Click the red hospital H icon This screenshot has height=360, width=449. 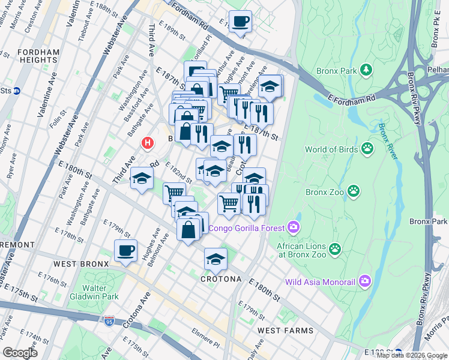pyautogui.click(x=146, y=143)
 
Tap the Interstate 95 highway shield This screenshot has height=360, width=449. pyautogui.click(x=109, y=322)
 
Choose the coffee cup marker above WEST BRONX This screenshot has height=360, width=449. pyautogui.click(x=125, y=250)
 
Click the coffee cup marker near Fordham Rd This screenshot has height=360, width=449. pyautogui.click(x=240, y=22)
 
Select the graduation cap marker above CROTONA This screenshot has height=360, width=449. pyautogui.click(x=215, y=259)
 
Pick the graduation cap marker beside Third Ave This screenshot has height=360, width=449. pyautogui.click(x=142, y=178)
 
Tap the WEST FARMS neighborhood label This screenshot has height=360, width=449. pyautogui.click(x=285, y=331)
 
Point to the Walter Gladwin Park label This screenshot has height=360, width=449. pyautogui.click(x=92, y=292)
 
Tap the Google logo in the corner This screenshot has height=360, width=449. pyautogui.click(x=20, y=353)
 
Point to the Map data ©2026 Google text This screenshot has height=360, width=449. pyautogui.click(x=411, y=355)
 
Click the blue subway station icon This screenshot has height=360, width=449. pyautogui.click(x=17, y=91)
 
